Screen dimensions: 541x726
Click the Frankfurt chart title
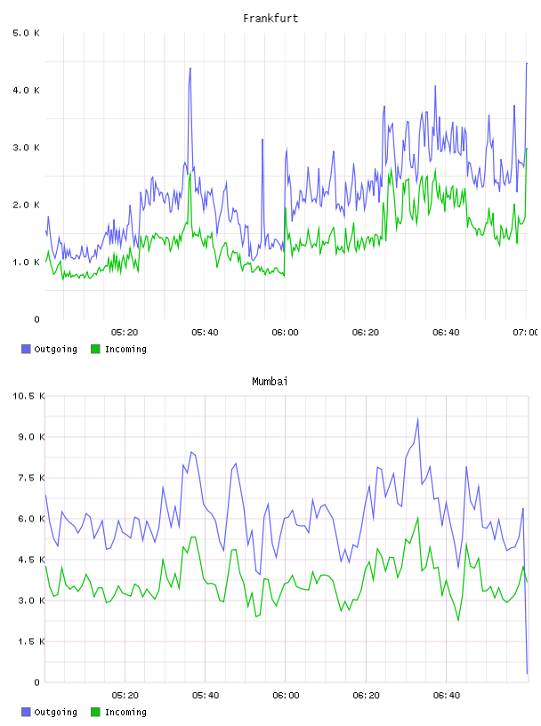[x=270, y=19]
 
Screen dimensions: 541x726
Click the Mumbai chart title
[x=270, y=382]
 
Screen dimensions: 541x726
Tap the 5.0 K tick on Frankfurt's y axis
[x=27, y=33]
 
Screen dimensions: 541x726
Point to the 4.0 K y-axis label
[x=27, y=90]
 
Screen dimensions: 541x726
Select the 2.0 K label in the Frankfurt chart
[x=27, y=205]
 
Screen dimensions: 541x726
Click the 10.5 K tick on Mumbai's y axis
[x=28, y=396]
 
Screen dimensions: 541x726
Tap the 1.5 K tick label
[x=31, y=641]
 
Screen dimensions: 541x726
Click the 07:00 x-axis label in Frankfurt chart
[x=525, y=332]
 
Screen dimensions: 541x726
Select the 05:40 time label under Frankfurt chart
[x=205, y=332]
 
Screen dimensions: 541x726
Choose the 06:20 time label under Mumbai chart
[x=366, y=695]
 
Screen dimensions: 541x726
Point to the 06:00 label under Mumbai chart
[x=286, y=695]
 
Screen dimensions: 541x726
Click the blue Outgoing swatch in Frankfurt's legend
[x=26, y=349]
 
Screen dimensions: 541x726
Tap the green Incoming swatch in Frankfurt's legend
[x=95, y=349]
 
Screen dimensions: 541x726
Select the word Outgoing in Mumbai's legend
[x=55, y=712]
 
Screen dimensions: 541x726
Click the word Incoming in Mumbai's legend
[x=125, y=712]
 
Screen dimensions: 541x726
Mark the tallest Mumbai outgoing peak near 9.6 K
[x=418, y=419]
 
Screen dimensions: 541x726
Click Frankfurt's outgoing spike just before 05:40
[x=190, y=69]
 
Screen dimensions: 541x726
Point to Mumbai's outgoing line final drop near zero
[x=527, y=673]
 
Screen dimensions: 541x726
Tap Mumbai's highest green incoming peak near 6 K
[x=418, y=518]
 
